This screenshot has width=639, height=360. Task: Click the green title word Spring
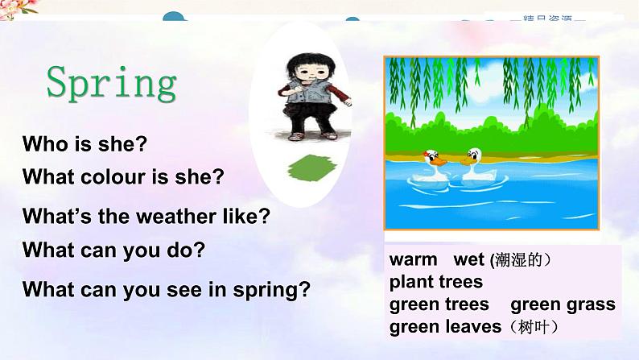[111, 84]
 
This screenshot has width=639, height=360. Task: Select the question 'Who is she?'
[85, 145]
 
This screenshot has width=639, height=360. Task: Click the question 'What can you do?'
[113, 250]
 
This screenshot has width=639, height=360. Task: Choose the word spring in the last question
[270, 290]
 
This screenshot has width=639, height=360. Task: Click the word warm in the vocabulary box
[413, 260]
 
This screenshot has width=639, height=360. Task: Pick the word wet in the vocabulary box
[468, 260]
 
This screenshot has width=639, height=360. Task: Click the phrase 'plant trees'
[435, 282]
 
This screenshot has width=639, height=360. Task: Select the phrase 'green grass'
[563, 304]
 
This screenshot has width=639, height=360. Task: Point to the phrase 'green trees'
[439, 304]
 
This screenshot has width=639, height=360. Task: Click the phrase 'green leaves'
[444, 327]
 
